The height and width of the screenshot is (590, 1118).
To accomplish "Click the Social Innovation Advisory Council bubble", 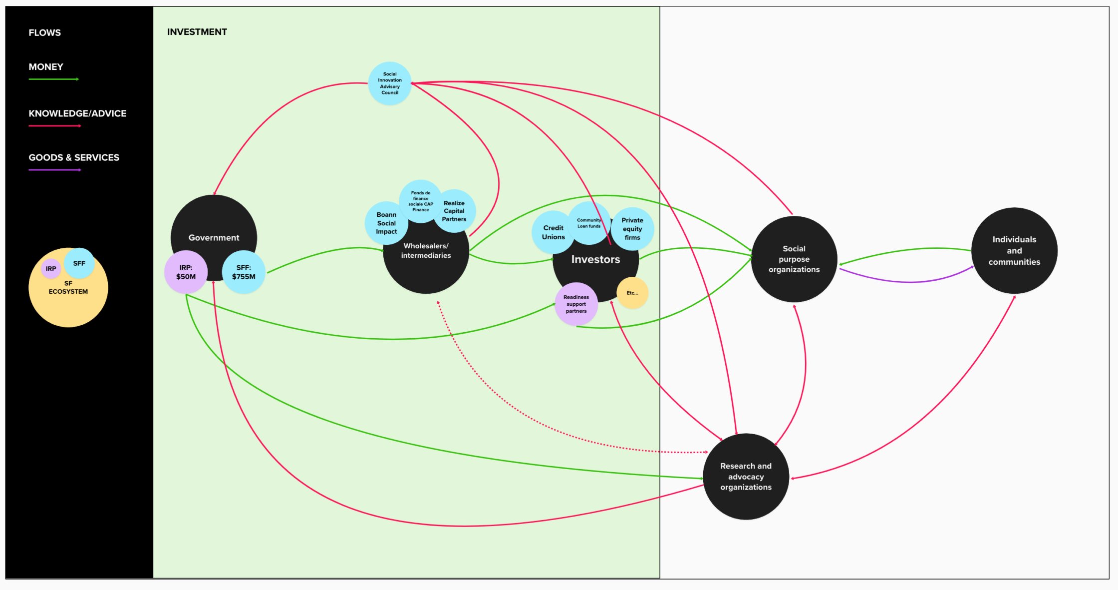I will (390, 83).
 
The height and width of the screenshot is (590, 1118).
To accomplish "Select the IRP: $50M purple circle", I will (186, 272).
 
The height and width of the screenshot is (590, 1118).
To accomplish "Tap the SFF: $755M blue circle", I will (244, 272).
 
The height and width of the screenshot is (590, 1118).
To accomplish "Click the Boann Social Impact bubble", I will (386, 223).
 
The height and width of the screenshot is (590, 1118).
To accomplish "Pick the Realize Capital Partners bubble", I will (454, 211).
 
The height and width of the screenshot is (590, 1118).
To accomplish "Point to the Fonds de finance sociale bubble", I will (421, 201).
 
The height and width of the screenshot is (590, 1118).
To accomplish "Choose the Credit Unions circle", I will (553, 232).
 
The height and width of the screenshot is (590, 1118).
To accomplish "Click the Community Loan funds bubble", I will (589, 223).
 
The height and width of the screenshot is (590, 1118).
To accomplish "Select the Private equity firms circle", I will (632, 229).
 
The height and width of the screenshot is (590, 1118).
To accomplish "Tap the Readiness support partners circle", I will (576, 304).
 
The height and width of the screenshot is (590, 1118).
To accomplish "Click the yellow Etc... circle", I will (632, 293).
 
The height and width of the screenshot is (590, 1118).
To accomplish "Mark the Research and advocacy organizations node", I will (746, 477).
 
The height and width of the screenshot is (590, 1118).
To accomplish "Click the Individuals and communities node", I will (1014, 251).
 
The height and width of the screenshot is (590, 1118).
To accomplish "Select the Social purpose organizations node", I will (794, 259).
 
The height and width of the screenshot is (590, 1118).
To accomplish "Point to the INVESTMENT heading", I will (197, 32).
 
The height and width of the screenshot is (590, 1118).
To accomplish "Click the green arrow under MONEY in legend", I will (54, 79).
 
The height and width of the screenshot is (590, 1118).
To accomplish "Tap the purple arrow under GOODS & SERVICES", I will (55, 170).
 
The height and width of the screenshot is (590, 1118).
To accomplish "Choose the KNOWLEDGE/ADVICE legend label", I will (77, 113).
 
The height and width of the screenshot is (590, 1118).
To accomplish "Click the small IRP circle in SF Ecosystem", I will (51, 269).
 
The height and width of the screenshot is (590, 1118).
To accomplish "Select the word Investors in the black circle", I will (595, 259).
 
